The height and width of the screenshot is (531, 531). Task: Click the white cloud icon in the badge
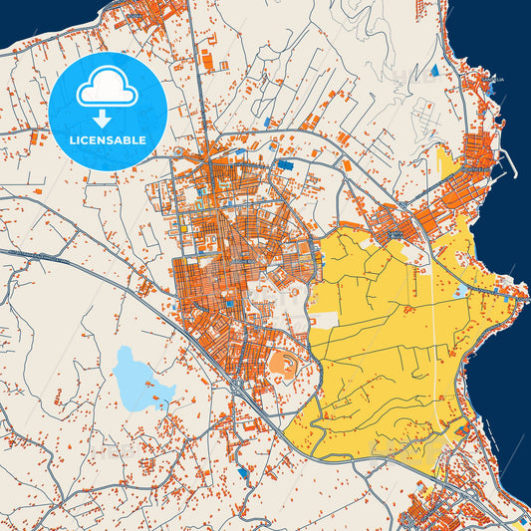tap(107, 87)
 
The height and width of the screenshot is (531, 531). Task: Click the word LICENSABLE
tap(107, 140)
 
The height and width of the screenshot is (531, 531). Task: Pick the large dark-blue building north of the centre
tap(286, 164)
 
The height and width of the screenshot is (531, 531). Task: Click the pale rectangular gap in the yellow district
tap(323, 321)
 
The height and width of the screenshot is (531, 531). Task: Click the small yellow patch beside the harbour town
tap(443, 157)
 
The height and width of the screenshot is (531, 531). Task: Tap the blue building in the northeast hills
tap(434, 72)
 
